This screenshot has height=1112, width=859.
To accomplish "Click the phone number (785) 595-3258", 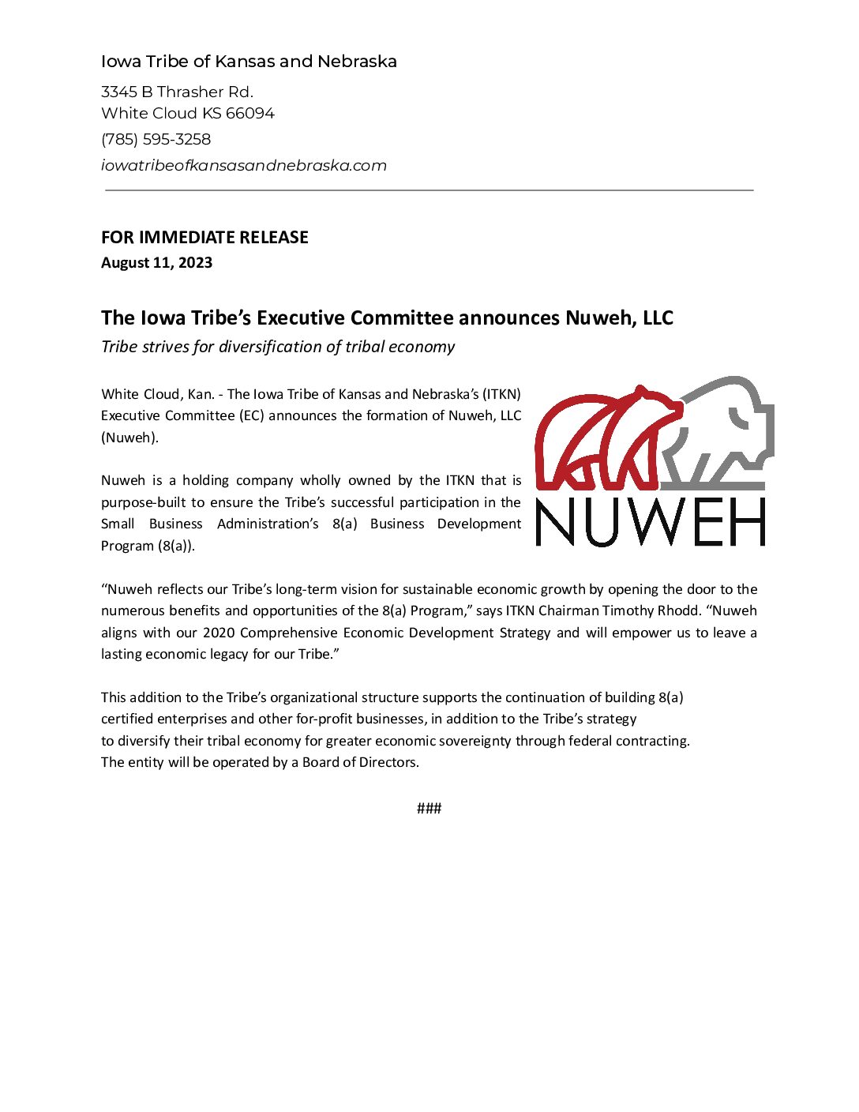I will [156, 140].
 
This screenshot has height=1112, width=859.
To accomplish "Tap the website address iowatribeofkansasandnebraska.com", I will [243, 166].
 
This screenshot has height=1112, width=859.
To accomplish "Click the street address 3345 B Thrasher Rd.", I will [177, 92].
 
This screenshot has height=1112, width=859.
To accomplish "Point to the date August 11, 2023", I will [156, 263].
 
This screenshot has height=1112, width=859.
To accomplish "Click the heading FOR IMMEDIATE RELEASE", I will [204, 238].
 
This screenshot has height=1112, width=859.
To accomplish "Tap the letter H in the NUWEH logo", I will [745, 523].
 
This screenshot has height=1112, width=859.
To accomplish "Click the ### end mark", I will [429, 808].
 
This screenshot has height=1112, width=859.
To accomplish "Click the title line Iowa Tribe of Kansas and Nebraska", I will [249, 62].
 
